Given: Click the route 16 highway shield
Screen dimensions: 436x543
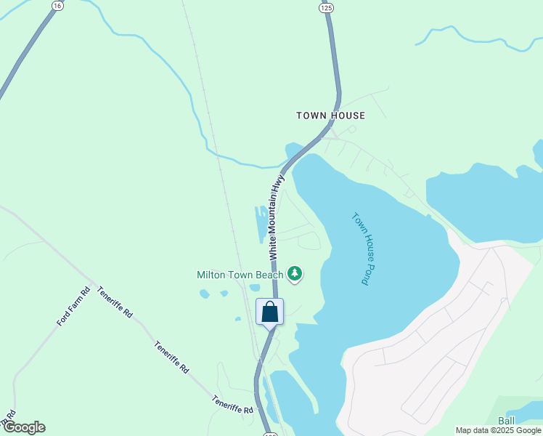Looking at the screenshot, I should [57, 5].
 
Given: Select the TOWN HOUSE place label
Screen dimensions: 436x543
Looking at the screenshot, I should [330, 116].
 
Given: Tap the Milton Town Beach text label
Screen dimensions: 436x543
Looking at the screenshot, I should [240, 275].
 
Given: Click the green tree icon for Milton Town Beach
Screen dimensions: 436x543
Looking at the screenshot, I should [294, 274].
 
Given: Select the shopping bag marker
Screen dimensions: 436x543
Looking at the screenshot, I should [270, 312].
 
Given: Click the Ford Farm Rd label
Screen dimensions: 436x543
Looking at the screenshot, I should [73, 306].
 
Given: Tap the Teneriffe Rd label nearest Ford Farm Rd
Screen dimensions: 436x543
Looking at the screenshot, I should [116, 302].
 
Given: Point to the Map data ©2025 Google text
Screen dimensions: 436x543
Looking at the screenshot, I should [498, 431].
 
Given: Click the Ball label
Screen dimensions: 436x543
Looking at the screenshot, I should [506, 421].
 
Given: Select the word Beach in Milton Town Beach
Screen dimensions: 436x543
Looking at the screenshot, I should [268, 275].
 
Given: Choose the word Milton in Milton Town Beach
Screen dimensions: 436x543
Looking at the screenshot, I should [211, 275].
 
